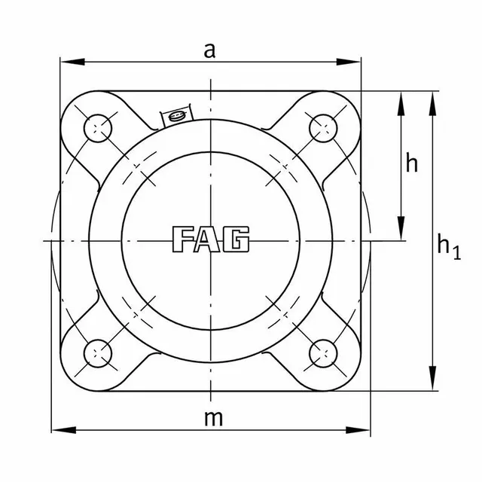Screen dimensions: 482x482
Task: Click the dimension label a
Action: click(x=212, y=50)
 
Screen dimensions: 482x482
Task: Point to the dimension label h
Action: click(x=412, y=163)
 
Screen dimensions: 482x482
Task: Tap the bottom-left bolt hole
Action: click(x=98, y=351)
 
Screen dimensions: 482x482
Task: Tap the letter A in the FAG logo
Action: click(x=211, y=239)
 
